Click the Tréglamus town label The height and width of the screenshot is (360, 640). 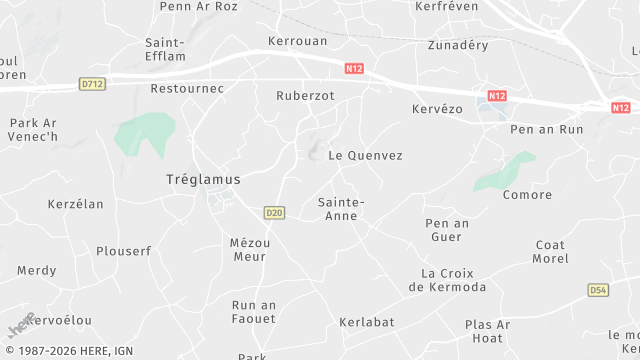tap(203, 179)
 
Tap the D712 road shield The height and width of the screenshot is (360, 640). tap(93, 85)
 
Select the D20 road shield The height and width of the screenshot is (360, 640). tap(275, 212)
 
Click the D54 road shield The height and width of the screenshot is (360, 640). tap(598, 290)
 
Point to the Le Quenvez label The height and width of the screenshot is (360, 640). tap(365, 155)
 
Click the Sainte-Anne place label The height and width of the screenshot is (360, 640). tap(341, 208)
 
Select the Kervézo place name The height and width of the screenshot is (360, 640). tap(437, 108)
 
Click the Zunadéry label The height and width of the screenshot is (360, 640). tap(457, 45)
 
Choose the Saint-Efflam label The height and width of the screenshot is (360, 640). tap(164, 50)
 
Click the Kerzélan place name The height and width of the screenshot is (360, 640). tap(75, 204)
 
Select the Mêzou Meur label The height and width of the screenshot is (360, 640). tap(248, 249)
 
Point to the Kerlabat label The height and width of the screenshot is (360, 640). tap(366, 321)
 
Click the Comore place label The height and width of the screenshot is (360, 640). tap(528, 194)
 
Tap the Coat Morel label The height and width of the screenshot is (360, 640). tap(551, 252)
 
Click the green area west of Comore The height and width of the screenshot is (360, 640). tap(505, 172)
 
